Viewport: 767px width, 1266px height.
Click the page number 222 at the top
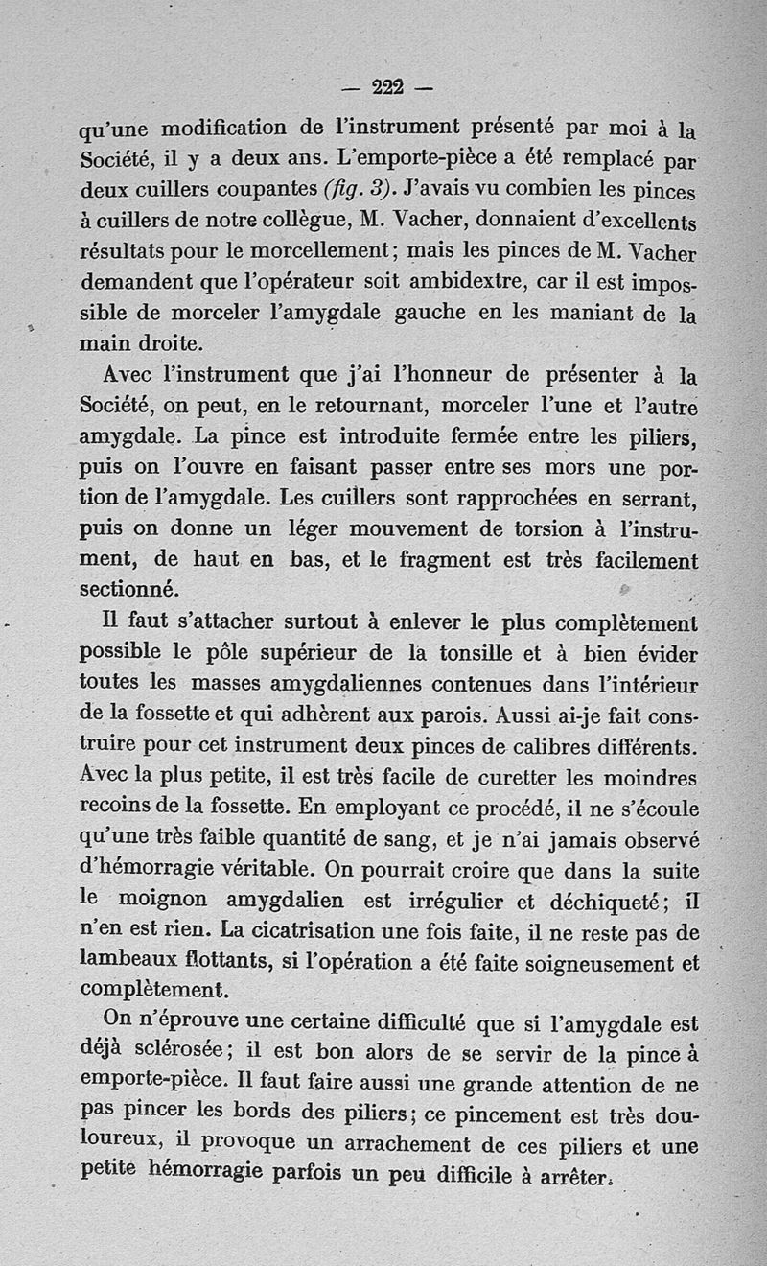[x=387, y=87]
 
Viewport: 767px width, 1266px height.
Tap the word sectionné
[x=128, y=588]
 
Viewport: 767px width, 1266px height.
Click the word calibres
[x=514, y=747]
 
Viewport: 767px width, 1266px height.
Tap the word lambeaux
[x=128, y=961]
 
